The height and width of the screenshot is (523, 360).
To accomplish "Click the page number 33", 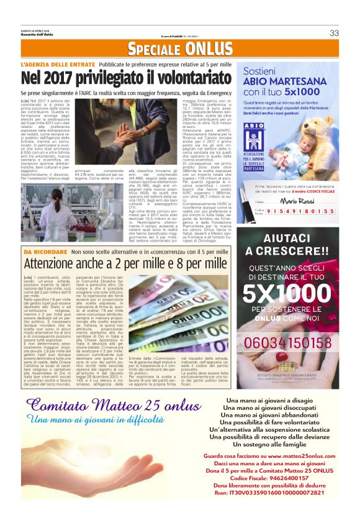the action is (334, 33).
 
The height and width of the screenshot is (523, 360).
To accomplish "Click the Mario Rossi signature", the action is (298, 201).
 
